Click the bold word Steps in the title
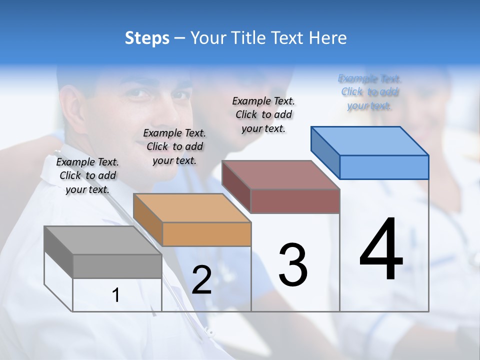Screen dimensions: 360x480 point(147,38)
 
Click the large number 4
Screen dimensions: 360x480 point(381,250)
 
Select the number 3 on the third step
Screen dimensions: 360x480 point(293,265)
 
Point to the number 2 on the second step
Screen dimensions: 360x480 point(201,280)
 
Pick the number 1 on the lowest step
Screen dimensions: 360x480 point(116,295)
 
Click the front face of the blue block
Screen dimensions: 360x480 point(384,167)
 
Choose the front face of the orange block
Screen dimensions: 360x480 point(206,234)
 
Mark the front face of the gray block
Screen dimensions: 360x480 point(117,266)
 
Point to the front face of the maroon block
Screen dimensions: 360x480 point(295,201)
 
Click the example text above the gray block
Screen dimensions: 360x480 point(87,175)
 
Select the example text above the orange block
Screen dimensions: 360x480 point(174,146)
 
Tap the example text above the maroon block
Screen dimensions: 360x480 point(263,114)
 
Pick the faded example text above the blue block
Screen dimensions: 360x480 point(369,92)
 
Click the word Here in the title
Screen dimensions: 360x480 point(328,38)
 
